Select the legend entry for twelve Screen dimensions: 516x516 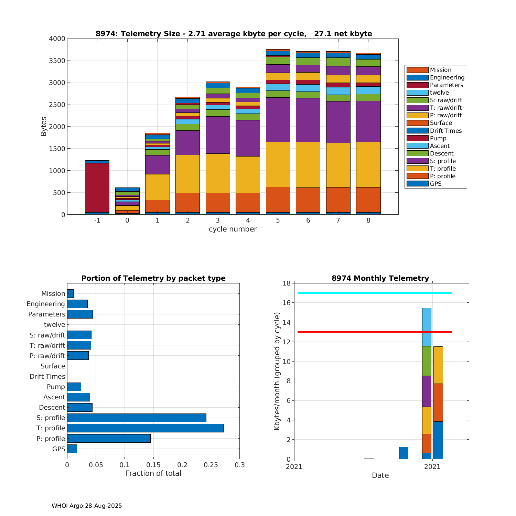[439, 93]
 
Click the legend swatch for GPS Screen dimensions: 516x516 [417, 184]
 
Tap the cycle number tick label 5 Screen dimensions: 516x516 [278, 221]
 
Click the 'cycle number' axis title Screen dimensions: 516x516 [233, 229]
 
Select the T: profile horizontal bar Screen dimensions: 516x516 [145, 428]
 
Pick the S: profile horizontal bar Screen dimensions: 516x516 [137, 418]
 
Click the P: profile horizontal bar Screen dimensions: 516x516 [109, 438]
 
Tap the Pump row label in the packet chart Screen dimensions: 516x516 [56, 387]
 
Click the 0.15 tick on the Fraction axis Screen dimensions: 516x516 [153, 465]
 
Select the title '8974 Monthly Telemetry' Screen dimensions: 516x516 [380, 278]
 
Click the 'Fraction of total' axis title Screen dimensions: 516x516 [153, 473]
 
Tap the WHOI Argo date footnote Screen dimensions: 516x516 [87, 506]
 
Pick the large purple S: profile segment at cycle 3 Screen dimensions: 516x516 [218, 135]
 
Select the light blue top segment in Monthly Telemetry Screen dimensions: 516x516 [427, 327]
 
